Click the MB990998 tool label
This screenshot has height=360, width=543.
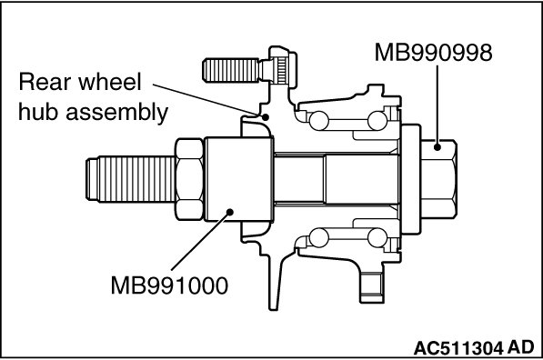coord(433,53)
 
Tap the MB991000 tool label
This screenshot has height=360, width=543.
coord(169,286)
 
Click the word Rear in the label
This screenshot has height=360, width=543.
coord(45,82)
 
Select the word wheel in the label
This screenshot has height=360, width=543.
coord(110,82)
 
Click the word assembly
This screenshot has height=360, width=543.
coord(117,114)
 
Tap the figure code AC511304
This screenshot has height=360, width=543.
coord(458,348)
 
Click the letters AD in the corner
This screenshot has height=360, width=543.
coord(521,347)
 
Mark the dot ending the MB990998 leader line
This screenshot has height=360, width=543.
coord(437,147)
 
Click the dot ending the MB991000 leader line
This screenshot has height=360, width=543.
coord(229,212)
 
